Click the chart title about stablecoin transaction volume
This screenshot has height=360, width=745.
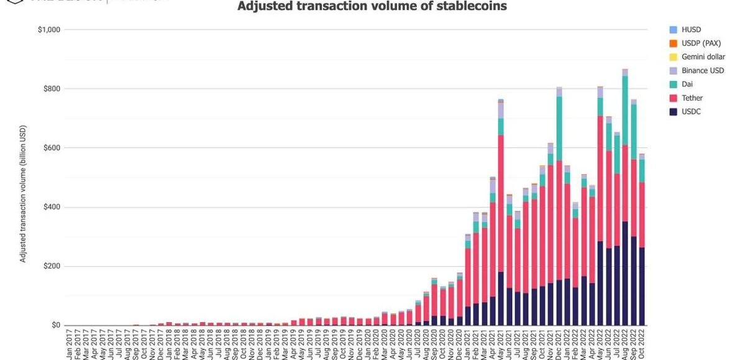(x=372, y=7)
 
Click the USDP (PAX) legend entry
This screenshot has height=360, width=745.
(x=700, y=44)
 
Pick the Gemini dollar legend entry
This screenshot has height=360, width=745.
(x=703, y=57)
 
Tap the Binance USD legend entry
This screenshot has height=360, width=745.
(x=702, y=71)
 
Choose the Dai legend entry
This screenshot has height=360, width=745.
(x=687, y=85)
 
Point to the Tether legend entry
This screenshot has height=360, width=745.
(x=691, y=98)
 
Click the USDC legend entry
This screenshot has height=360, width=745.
(x=690, y=112)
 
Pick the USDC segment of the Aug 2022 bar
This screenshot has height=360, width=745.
(x=625, y=274)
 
